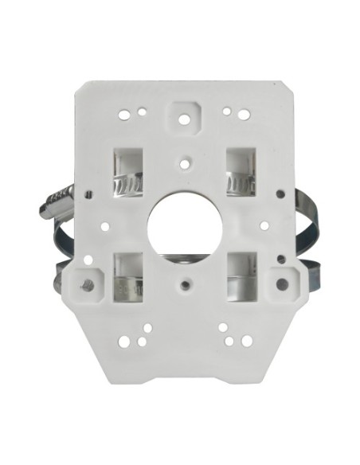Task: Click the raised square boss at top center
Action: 185,117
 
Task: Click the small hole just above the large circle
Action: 185,162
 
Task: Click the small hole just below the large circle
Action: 185,281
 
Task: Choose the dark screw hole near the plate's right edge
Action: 280,193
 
